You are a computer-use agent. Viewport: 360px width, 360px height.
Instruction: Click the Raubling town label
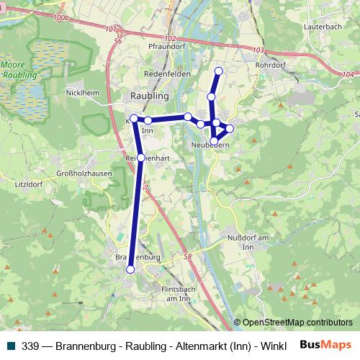coord(149,95)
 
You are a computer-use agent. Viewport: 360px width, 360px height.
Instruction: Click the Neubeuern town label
coord(210,145)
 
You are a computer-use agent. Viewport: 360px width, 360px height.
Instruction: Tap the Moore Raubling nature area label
coord(16,68)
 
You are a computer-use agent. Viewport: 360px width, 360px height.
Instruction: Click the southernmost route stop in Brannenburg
coord(130,269)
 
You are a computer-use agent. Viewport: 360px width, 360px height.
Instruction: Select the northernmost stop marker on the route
coord(219,70)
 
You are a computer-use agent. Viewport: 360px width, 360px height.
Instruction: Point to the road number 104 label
coord(348,73)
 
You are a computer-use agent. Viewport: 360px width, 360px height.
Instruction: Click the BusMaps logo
coord(325,344)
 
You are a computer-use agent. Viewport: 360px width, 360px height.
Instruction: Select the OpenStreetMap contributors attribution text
coord(297,323)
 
